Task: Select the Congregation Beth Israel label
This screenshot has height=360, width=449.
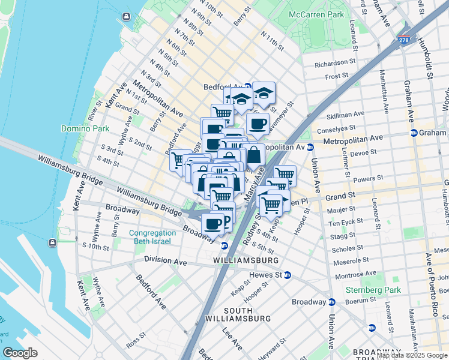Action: point(149,237)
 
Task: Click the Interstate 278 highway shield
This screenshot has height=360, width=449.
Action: point(405,40)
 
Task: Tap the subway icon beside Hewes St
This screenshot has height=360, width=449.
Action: point(288,275)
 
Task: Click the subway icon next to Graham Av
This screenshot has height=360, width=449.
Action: point(414,133)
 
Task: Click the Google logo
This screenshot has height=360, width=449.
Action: point(20,353)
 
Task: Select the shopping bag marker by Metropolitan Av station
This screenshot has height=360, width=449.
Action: point(254,154)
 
